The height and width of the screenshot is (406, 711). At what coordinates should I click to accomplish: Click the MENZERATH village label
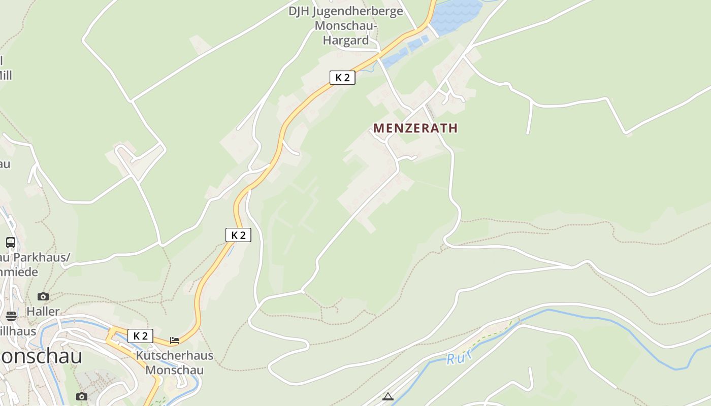point(415,128)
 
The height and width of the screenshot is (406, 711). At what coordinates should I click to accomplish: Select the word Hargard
point(346,41)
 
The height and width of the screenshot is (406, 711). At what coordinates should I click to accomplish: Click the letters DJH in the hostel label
point(299,11)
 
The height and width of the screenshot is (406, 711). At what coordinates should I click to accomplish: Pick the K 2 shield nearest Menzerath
point(342,78)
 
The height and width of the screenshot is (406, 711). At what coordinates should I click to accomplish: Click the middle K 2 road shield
point(238,235)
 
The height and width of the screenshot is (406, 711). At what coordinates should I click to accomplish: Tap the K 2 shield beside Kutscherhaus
point(140,336)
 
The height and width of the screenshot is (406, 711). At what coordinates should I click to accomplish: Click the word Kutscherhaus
point(175,355)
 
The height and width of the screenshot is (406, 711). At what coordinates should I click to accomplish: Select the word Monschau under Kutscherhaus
point(175,370)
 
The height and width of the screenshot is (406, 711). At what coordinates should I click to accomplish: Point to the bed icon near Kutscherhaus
point(175,340)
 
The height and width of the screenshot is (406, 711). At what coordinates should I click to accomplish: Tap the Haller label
point(43,311)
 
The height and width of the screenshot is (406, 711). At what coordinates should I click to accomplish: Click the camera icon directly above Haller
point(43,296)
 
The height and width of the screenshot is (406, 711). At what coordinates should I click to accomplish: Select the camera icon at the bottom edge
point(82,396)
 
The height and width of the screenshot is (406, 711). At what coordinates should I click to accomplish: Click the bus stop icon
point(11,243)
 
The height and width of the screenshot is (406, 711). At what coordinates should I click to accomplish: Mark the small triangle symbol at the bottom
point(388,396)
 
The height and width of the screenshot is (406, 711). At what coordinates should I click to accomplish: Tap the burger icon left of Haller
point(11,316)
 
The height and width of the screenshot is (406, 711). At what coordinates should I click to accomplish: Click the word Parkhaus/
point(41,258)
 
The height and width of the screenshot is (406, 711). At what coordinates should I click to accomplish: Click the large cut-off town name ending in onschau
point(41,356)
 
